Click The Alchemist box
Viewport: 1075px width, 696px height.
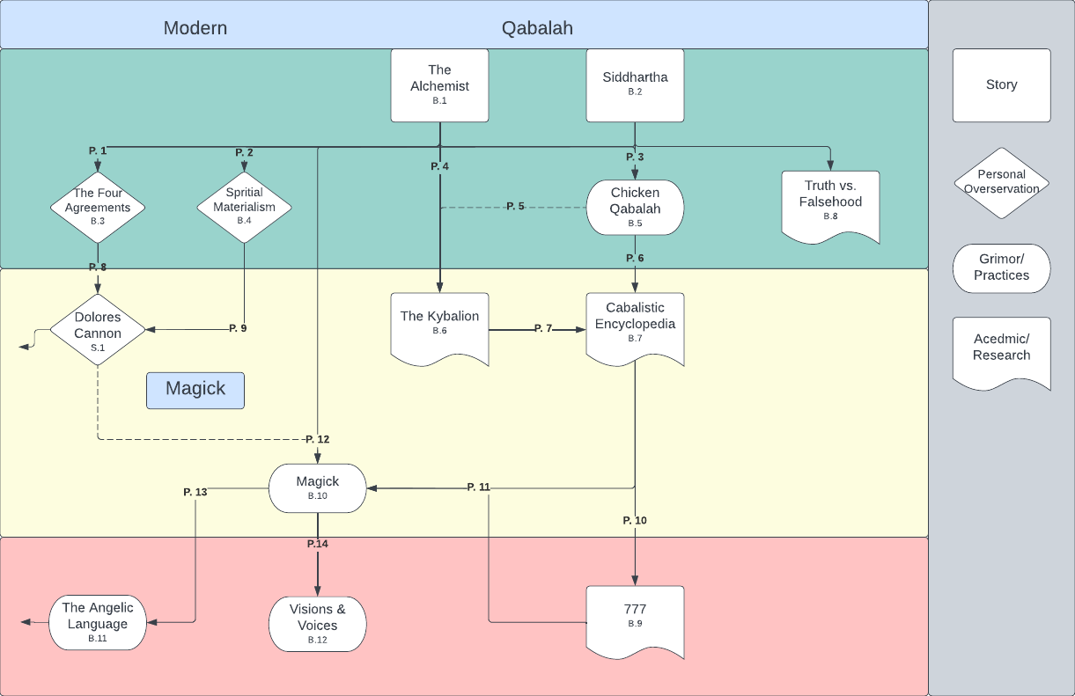pyautogui.click(x=439, y=85)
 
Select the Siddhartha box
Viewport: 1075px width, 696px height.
pyautogui.click(x=635, y=84)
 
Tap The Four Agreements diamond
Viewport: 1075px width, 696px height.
pyautogui.click(x=97, y=208)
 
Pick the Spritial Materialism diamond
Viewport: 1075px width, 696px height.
pyautogui.click(x=244, y=207)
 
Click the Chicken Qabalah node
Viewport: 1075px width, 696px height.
pyautogui.click(x=635, y=208)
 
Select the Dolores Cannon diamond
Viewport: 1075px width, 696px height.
pyautogui.click(x=97, y=330)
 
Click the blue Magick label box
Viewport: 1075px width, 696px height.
pyautogui.click(x=195, y=390)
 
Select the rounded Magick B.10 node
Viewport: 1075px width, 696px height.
pyautogui.click(x=317, y=487)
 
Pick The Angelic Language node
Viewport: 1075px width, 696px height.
pyautogui.click(x=97, y=622)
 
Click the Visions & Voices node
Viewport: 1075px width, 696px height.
pyautogui.click(x=317, y=623)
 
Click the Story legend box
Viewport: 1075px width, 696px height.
pyautogui.click(x=1001, y=85)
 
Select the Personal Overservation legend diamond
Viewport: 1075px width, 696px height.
pyautogui.click(x=1001, y=183)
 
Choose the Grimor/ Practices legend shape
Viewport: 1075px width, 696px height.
pyautogui.click(x=1001, y=268)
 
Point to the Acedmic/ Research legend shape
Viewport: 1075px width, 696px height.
pyautogui.click(x=1001, y=349)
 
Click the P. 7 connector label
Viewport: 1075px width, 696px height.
pyautogui.click(x=543, y=328)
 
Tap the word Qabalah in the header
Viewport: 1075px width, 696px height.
pyautogui.click(x=537, y=28)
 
